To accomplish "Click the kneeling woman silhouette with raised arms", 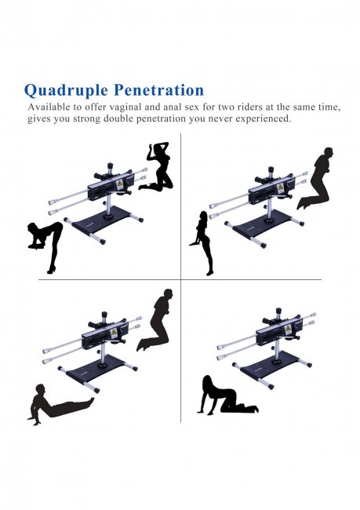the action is [156, 166].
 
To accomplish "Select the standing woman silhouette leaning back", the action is [203, 243].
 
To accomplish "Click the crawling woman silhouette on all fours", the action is [227, 395].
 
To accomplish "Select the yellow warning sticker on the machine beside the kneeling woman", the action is [119, 184].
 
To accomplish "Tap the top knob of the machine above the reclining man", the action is [104, 315].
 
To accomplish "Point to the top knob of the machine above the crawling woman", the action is [278, 311].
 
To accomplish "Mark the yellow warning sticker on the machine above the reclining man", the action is [114, 333].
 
